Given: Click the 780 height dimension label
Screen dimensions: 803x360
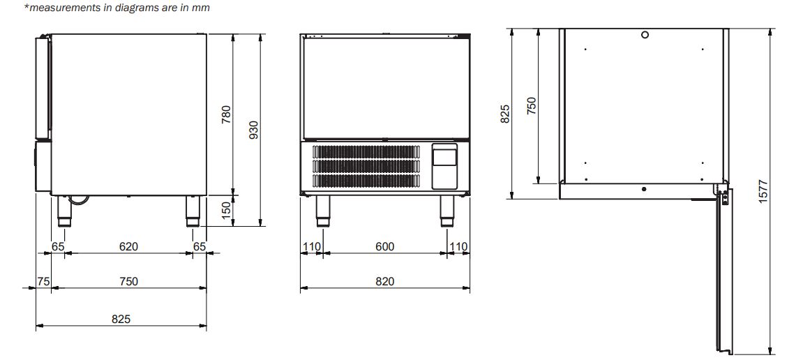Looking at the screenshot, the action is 226,114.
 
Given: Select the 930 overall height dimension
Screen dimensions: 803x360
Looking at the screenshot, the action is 254,130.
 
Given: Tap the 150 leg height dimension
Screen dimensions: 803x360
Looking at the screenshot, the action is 226,211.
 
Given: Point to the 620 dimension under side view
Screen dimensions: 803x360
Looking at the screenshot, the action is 128,246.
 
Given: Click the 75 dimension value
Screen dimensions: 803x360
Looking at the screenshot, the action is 43,281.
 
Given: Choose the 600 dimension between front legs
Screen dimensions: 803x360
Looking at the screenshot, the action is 384,246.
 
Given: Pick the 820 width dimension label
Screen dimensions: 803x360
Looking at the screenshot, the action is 384,281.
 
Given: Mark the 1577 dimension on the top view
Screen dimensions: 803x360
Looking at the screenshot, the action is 763,191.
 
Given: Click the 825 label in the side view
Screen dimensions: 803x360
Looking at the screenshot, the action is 121,319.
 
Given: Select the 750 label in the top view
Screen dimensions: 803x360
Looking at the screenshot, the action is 532,105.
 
